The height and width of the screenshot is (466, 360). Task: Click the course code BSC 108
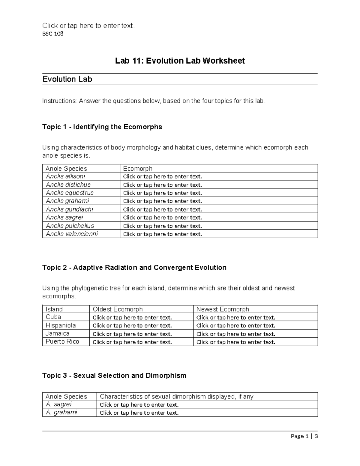point(53,34)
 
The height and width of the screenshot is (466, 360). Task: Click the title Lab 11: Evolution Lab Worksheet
point(180,61)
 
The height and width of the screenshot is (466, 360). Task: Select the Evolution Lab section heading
point(67,79)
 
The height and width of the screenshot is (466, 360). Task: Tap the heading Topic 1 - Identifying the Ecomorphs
point(102,127)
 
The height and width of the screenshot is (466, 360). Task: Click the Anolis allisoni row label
point(65,176)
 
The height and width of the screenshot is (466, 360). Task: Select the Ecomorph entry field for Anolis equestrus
point(162,193)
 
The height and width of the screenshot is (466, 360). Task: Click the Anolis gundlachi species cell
point(69,209)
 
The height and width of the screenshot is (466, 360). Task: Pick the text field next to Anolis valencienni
point(162,234)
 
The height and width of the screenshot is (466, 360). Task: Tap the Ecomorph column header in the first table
point(138,168)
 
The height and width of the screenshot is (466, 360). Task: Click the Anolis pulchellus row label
point(70,226)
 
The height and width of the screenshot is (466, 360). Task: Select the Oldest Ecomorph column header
point(118,309)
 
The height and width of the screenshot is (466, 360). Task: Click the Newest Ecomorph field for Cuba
point(235,317)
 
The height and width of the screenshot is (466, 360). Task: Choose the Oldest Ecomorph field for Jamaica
point(132,334)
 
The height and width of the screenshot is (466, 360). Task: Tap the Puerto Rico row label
point(62,342)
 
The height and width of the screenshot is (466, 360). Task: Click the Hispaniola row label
point(61,326)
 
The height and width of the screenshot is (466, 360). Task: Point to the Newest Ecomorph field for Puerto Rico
point(235,342)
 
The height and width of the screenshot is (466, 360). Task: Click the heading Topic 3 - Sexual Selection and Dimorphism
point(114,375)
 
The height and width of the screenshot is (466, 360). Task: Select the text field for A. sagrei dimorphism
point(139,405)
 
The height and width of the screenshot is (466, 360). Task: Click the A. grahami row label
point(61,413)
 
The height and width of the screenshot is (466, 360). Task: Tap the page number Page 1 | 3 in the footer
point(304,436)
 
